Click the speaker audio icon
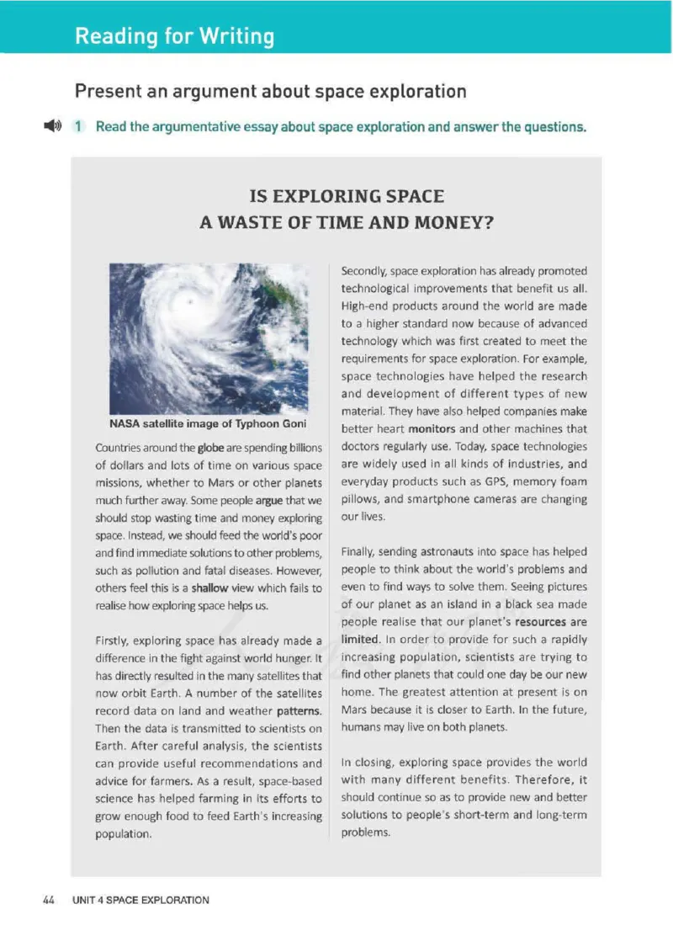(x=52, y=126)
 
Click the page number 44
(x=49, y=900)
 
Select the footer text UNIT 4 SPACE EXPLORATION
(x=140, y=900)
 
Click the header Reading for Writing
(x=174, y=36)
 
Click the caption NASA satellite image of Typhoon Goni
(x=208, y=423)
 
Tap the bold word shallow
(x=209, y=588)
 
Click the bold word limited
(x=361, y=640)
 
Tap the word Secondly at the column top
(x=364, y=271)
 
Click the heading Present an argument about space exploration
(x=270, y=91)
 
